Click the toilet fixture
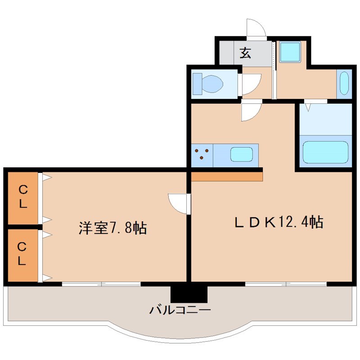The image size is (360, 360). coord(208,84)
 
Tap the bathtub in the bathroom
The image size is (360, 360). coord(326,152)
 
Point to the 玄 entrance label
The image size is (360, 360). coord(245,53)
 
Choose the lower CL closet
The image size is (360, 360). coord(22,254)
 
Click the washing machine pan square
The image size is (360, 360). coord(289,52)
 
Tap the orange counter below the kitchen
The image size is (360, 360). coord(227,175)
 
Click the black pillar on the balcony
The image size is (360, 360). coord(189,293)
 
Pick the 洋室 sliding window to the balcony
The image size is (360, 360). coord(101,283)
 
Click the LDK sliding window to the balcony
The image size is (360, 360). coord(286,283)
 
